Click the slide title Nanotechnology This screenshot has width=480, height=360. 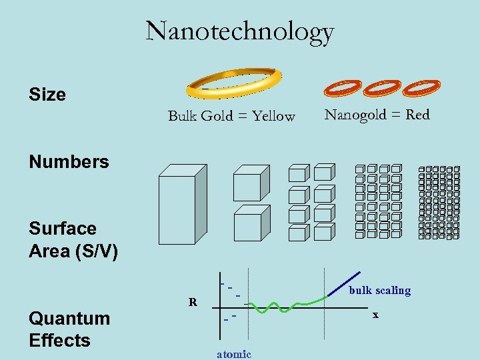click(239, 31)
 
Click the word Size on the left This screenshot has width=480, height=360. click(47, 95)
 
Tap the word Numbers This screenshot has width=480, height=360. click(69, 161)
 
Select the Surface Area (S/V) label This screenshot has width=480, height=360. click(73, 240)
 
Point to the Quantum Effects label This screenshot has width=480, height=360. click(69, 329)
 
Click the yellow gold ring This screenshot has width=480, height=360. click(231, 82)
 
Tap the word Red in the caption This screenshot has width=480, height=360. click(418, 115)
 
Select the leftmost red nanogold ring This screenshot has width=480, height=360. click(343, 88)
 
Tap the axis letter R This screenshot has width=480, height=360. click(193, 302)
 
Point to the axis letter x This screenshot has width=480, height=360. click(375, 315)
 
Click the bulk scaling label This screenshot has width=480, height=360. click(380, 291)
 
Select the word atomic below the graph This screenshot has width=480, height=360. click(234, 354)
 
